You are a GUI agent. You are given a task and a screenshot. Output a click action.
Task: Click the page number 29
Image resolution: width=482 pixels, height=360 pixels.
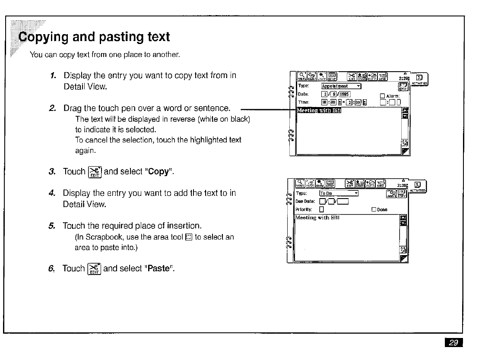tap(453, 343)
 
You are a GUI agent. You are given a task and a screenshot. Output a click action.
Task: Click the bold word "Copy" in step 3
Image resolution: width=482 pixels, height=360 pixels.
tap(158, 172)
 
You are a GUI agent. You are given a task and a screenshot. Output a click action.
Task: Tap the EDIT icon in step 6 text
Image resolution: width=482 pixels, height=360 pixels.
tap(94, 268)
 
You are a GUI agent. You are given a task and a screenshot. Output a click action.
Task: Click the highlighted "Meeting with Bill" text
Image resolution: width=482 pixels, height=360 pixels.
tap(319, 111)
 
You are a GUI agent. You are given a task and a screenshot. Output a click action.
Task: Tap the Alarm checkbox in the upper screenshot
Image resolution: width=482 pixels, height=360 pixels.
tap(382, 96)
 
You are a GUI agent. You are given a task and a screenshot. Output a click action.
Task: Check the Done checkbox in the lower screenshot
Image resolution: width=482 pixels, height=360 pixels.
tap(374, 210)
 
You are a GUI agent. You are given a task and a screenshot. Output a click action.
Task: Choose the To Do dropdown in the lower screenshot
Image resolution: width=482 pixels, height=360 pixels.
tap(339, 193)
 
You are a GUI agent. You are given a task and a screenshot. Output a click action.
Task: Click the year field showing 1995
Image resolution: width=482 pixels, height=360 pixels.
tap(344, 95)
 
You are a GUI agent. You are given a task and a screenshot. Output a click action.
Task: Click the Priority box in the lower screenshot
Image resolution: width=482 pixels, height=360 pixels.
tap(321, 210)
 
